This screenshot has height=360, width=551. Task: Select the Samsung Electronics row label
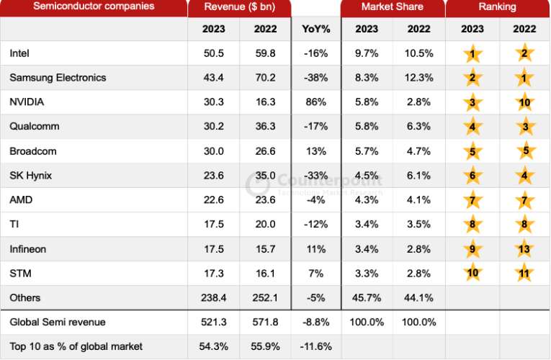click(x=58, y=78)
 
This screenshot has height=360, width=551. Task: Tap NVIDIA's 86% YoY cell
click(x=315, y=102)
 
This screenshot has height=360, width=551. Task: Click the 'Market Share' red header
click(x=393, y=7)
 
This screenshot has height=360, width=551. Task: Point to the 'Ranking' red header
click(x=497, y=7)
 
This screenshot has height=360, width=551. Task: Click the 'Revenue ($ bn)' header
click(x=239, y=7)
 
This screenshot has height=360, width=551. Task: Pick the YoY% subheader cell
click(x=315, y=29)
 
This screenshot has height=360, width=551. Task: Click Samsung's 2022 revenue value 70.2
click(x=265, y=78)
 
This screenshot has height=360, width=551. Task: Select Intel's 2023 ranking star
click(x=472, y=54)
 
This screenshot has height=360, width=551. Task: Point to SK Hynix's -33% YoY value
click(x=315, y=176)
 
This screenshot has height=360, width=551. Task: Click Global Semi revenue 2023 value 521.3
click(x=213, y=322)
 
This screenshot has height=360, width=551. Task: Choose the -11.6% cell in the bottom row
click(x=315, y=346)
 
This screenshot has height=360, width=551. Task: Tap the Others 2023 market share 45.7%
click(x=367, y=297)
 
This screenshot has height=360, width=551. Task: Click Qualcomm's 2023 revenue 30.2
click(x=213, y=127)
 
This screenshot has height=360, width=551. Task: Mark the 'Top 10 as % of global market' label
click(x=76, y=346)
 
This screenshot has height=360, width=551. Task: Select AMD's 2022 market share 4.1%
click(x=418, y=200)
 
